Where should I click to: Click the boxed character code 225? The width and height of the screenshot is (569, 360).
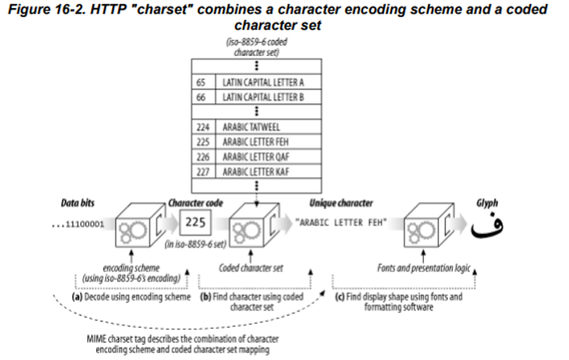click(196, 222)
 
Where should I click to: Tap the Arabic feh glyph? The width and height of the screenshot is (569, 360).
click(487, 228)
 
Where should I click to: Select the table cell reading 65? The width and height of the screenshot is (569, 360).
click(204, 82)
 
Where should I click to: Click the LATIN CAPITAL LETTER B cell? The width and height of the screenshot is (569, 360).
click(268, 97)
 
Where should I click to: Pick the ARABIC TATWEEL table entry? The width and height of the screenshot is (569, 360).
click(268, 127)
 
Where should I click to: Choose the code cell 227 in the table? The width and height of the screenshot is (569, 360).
click(204, 172)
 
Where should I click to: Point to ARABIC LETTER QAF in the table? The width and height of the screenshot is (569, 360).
click(268, 157)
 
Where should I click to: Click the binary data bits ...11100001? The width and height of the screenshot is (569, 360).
click(78, 224)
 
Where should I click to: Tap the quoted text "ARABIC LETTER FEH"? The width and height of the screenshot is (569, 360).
click(341, 222)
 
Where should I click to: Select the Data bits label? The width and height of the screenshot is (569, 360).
click(78, 203)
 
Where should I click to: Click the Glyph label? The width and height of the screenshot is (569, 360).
click(487, 203)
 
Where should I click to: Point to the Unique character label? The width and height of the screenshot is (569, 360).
click(341, 203)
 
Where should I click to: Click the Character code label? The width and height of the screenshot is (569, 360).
click(196, 203)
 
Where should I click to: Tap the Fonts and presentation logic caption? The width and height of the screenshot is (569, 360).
click(423, 268)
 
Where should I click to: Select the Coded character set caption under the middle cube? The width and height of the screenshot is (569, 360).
click(251, 268)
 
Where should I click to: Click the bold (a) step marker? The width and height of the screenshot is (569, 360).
click(77, 297)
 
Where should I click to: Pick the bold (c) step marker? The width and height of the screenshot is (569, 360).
click(340, 297)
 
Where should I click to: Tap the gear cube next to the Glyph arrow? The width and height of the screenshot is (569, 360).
click(429, 225)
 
